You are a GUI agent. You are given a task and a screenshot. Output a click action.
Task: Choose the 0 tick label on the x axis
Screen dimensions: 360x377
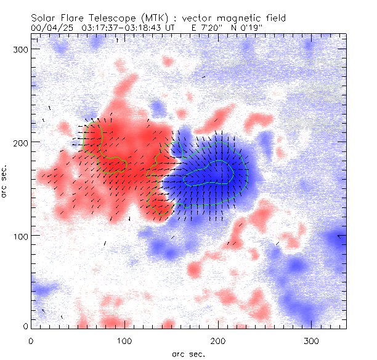(x=30, y=340)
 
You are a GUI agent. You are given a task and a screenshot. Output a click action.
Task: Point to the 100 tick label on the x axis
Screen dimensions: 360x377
(x=124, y=340)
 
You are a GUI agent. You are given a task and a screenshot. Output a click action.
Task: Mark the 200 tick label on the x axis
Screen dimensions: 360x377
(x=218, y=340)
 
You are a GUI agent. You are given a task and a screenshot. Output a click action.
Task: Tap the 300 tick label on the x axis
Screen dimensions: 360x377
(x=312, y=340)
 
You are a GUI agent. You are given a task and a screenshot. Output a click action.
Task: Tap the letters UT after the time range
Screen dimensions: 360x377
(x=171, y=28)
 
